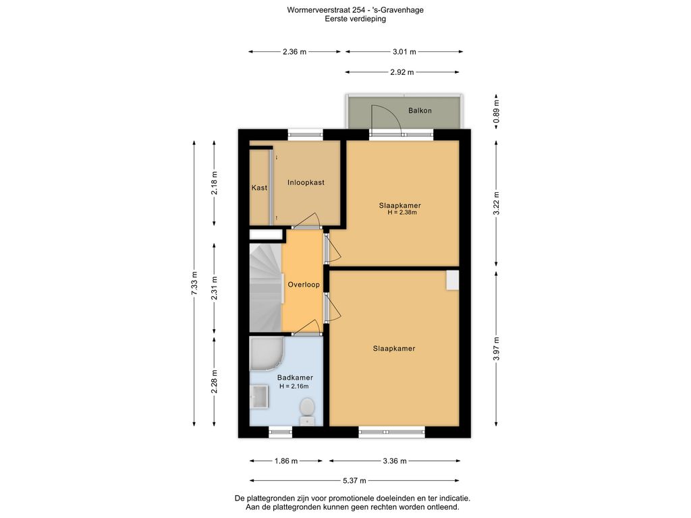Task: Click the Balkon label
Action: click(420, 111)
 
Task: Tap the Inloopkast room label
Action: click(306, 182)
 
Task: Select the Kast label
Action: click(259, 188)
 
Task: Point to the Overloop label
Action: click(304, 285)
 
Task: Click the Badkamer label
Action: click(295, 378)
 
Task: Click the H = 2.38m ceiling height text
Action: click(402, 212)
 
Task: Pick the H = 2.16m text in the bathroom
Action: click(294, 386)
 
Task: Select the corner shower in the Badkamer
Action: click(265, 353)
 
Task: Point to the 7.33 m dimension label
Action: click(194, 283)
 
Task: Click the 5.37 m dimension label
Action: click(354, 480)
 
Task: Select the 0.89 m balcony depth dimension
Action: click(496, 111)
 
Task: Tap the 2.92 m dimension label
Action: click(402, 72)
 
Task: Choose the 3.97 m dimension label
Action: click(496, 349)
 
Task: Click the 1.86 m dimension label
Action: click(286, 461)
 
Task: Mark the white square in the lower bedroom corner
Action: click(452, 280)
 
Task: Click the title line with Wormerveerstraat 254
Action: click(355, 9)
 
